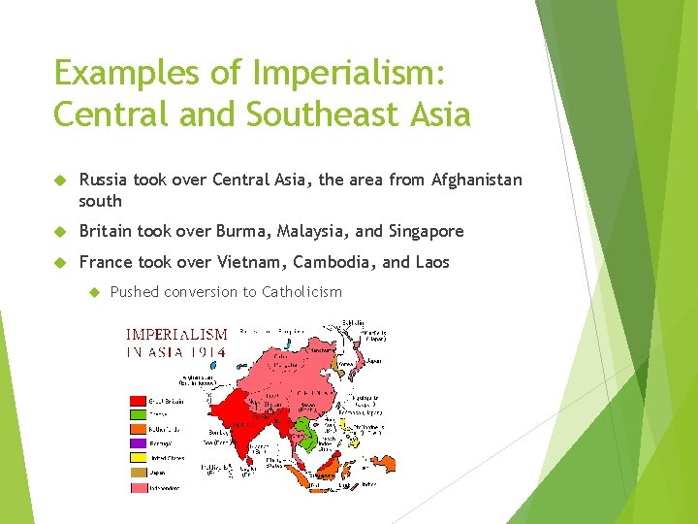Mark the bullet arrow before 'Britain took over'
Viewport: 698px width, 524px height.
click(x=60, y=231)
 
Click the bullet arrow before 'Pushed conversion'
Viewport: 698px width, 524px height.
click(x=94, y=292)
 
